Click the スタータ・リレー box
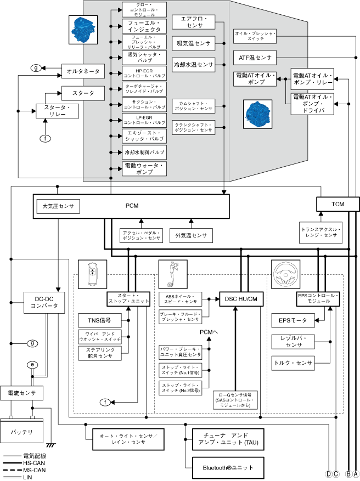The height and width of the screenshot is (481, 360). pyautogui.click(x=57, y=110)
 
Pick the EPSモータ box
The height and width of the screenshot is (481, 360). pyautogui.click(x=292, y=320)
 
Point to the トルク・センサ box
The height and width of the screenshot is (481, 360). pyautogui.click(x=292, y=363)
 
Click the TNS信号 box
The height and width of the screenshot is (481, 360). pyautogui.click(x=99, y=320)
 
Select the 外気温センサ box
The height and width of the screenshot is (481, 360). pyautogui.click(x=192, y=235)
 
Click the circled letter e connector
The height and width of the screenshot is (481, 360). pyautogui.click(x=33, y=364)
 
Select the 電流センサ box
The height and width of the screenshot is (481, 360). pyautogui.click(x=21, y=393)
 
